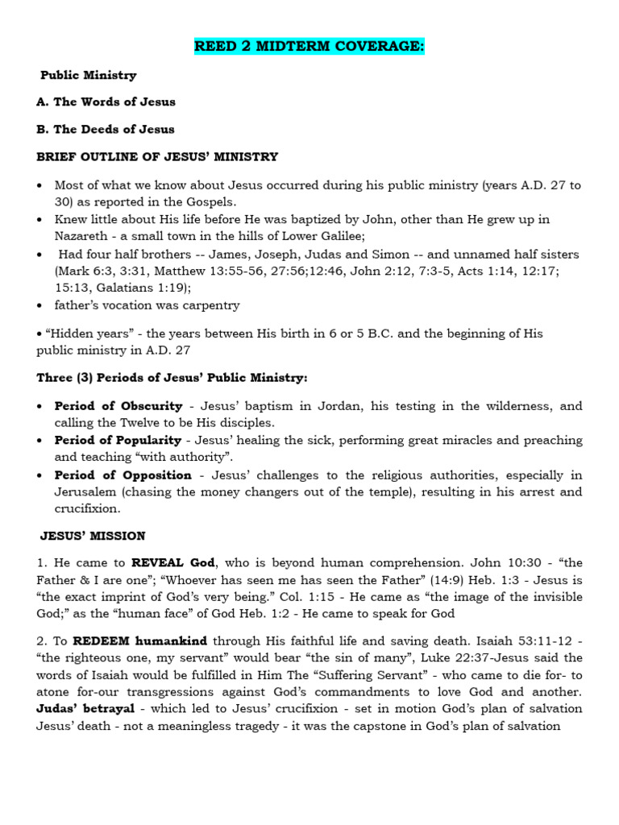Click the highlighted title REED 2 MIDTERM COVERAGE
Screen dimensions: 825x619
(309, 47)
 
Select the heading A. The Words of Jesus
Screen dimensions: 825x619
(106, 102)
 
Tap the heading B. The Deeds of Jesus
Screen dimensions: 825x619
(105, 129)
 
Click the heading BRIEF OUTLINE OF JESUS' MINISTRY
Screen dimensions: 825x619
(157, 156)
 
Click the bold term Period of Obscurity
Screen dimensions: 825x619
(118, 406)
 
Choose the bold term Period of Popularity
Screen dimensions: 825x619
(118, 441)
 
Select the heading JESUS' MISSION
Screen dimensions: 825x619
(93, 536)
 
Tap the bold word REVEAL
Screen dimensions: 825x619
(156, 563)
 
